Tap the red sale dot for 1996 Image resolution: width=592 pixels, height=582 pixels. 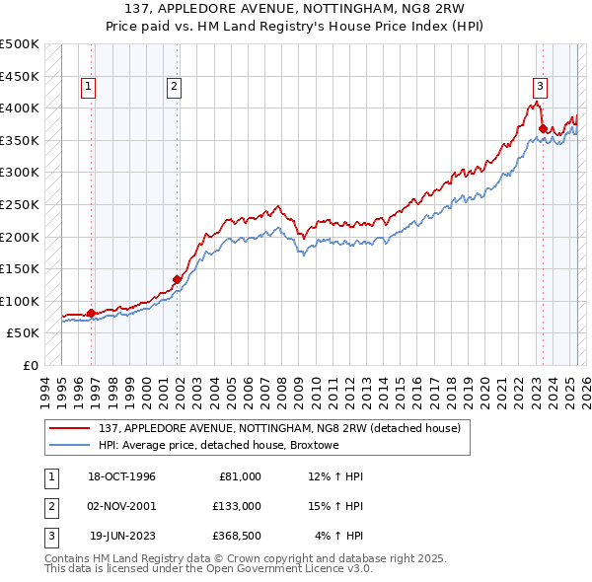92,313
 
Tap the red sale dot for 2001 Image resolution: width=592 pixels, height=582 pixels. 178,279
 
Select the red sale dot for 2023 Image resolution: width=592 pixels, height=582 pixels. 543,128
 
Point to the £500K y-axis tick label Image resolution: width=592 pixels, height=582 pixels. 20,44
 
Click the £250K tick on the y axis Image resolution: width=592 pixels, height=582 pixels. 20,205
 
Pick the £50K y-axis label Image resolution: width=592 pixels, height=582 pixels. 24,333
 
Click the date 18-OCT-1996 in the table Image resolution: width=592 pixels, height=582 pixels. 122,476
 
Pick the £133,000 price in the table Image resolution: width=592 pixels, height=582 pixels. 237,506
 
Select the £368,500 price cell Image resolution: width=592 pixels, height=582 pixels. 237,536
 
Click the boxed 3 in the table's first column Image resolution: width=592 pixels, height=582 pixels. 49,536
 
